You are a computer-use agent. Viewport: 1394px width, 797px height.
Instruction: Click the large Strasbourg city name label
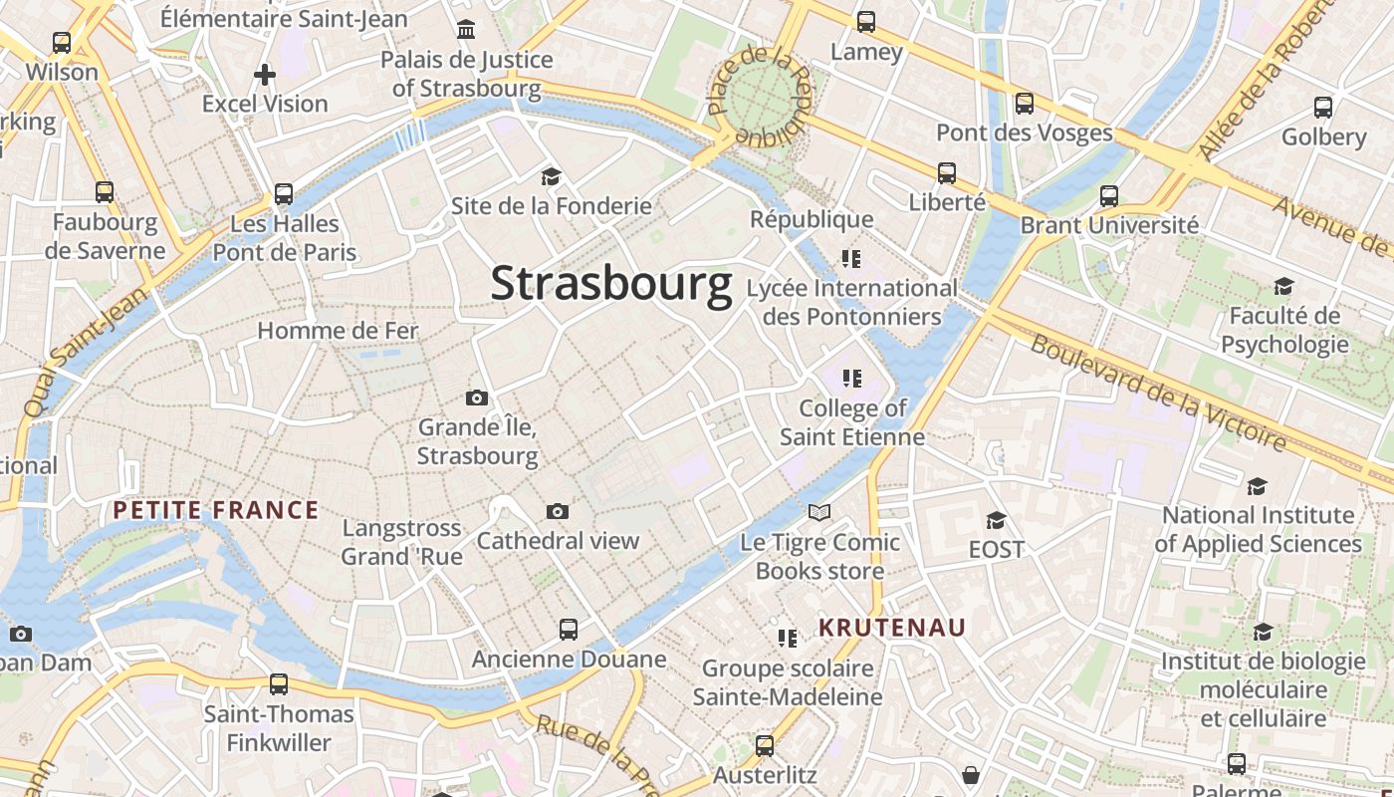click(x=611, y=284)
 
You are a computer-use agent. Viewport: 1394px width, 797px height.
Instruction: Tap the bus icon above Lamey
click(x=866, y=21)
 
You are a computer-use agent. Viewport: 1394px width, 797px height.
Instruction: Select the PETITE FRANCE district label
click(x=215, y=511)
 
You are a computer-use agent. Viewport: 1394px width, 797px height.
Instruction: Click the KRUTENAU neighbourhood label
click(x=892, y=628)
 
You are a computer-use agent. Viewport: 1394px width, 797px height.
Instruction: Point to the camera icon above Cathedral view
click(x=558, y=512)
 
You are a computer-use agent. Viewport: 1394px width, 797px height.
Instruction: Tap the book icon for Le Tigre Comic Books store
click(x=819, y=512)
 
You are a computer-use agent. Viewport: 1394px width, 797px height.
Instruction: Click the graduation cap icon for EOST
click(x=996, y=520)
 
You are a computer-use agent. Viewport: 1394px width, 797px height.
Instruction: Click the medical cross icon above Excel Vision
click(x=265, y=74)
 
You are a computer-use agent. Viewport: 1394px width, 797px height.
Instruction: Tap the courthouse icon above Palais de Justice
click(x=466, y=30)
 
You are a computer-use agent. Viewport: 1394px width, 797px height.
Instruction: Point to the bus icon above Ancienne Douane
click(x=569, y=630)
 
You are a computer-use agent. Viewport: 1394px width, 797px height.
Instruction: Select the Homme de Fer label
click(x=339, y=331)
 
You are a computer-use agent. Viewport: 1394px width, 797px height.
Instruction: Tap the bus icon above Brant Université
click(x=1109, y=196)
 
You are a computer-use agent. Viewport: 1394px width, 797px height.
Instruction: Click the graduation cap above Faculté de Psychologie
click(x=1283, y=287)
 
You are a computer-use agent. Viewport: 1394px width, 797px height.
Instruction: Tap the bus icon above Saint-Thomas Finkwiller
click(x=279, y=684)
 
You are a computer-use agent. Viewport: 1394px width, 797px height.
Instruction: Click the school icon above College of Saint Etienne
click(x=851, y=379)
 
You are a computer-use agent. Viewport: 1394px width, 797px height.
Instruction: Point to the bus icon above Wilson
click(x=62, y=43)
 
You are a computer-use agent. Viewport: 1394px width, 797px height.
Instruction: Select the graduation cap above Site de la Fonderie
click(x=551, y=177)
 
